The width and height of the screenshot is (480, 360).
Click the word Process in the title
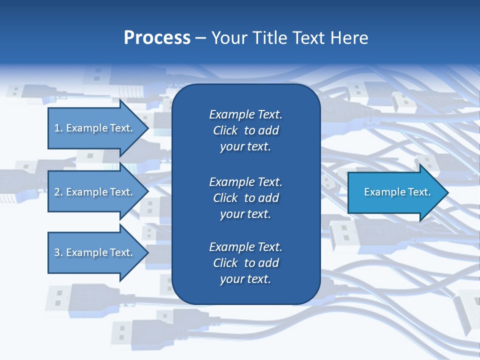(157, 38)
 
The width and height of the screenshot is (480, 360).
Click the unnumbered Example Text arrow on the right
(397, 192)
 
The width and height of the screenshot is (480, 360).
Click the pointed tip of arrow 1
(147, 128)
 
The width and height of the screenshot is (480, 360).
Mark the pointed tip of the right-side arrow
(447, 192)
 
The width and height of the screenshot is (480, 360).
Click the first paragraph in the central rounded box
(245, 130)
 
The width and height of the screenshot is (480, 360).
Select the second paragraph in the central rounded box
(245, 198)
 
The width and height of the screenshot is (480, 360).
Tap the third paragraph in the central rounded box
(245, 263)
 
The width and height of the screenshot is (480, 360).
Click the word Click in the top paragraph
(225, 130)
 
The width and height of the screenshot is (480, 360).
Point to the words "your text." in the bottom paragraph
(245, 279)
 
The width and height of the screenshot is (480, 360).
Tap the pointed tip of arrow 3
(147, 252)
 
